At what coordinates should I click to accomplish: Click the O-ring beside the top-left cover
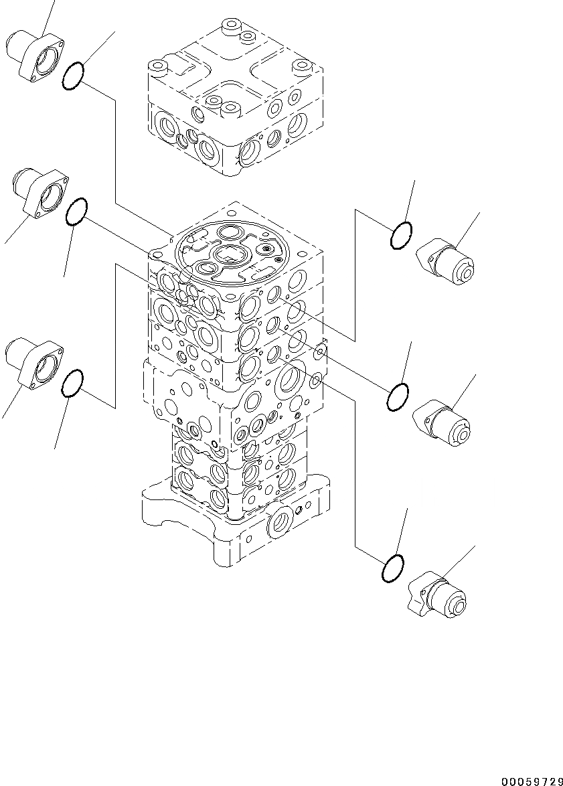point(73,76)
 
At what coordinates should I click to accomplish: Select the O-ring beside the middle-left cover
point(76,212)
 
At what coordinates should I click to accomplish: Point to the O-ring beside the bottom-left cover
point(72,384)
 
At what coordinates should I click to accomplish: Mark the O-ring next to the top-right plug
point(401,236)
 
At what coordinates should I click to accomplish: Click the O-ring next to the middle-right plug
point(398,398)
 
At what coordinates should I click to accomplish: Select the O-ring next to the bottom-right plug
point(392,568)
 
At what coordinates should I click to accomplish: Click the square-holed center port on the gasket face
point(232,254)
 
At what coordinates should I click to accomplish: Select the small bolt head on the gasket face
point(268,249)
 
